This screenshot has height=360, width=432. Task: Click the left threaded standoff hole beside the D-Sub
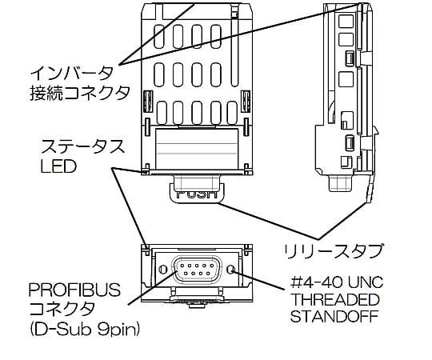[x=163, y=268]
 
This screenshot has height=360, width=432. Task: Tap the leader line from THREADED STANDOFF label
[x=264, y=279]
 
